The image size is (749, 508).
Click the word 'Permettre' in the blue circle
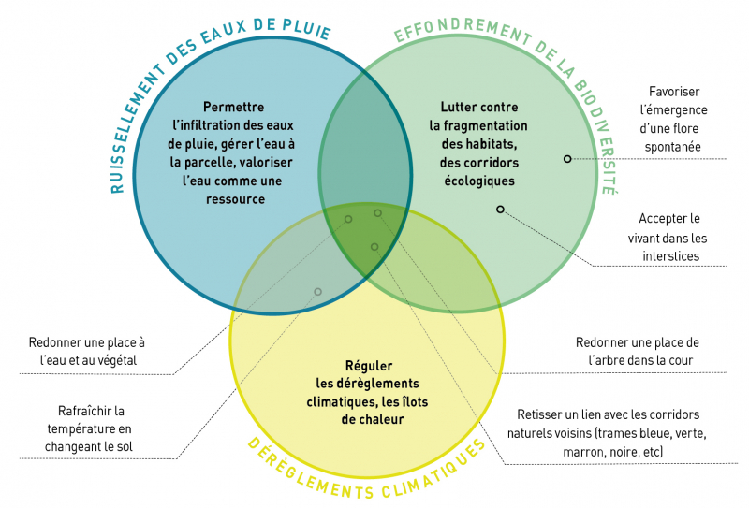click(x=233, y=108)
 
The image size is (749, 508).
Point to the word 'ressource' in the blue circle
click(x=233, y=199)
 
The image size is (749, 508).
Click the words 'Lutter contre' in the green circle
click(x=478, y=108)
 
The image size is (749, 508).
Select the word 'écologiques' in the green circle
click(x=478, y=181)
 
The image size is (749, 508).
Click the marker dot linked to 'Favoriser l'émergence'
click(x=567, y=159)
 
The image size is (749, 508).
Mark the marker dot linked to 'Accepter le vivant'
click(x=500, y=210)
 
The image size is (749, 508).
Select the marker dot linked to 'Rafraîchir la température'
click(x=318, y=292)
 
